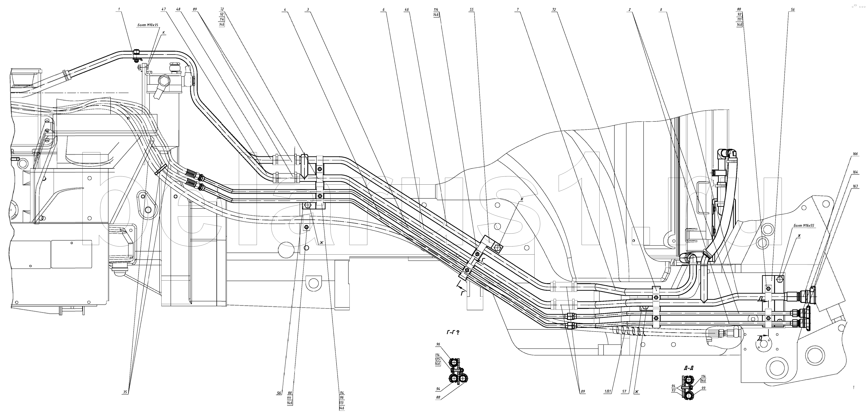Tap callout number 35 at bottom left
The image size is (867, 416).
[125, 392]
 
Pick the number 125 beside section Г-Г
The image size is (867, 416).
[438, 359]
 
